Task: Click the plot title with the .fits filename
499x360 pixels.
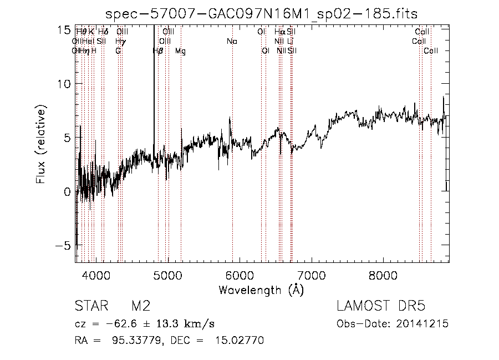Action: pos(261,14)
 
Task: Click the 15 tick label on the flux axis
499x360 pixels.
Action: pos(66,29)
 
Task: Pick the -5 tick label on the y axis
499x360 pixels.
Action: pos(64,245)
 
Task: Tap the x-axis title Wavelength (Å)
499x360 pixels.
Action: pos(261,290)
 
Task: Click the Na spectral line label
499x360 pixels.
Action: pos(232,41)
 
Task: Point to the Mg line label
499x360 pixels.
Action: pos(181,51)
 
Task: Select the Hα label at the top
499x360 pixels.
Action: pos(279,32)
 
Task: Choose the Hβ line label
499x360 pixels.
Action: pos(158,51)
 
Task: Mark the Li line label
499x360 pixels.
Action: pos(290,41)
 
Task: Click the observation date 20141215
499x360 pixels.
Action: pos(424,323)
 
